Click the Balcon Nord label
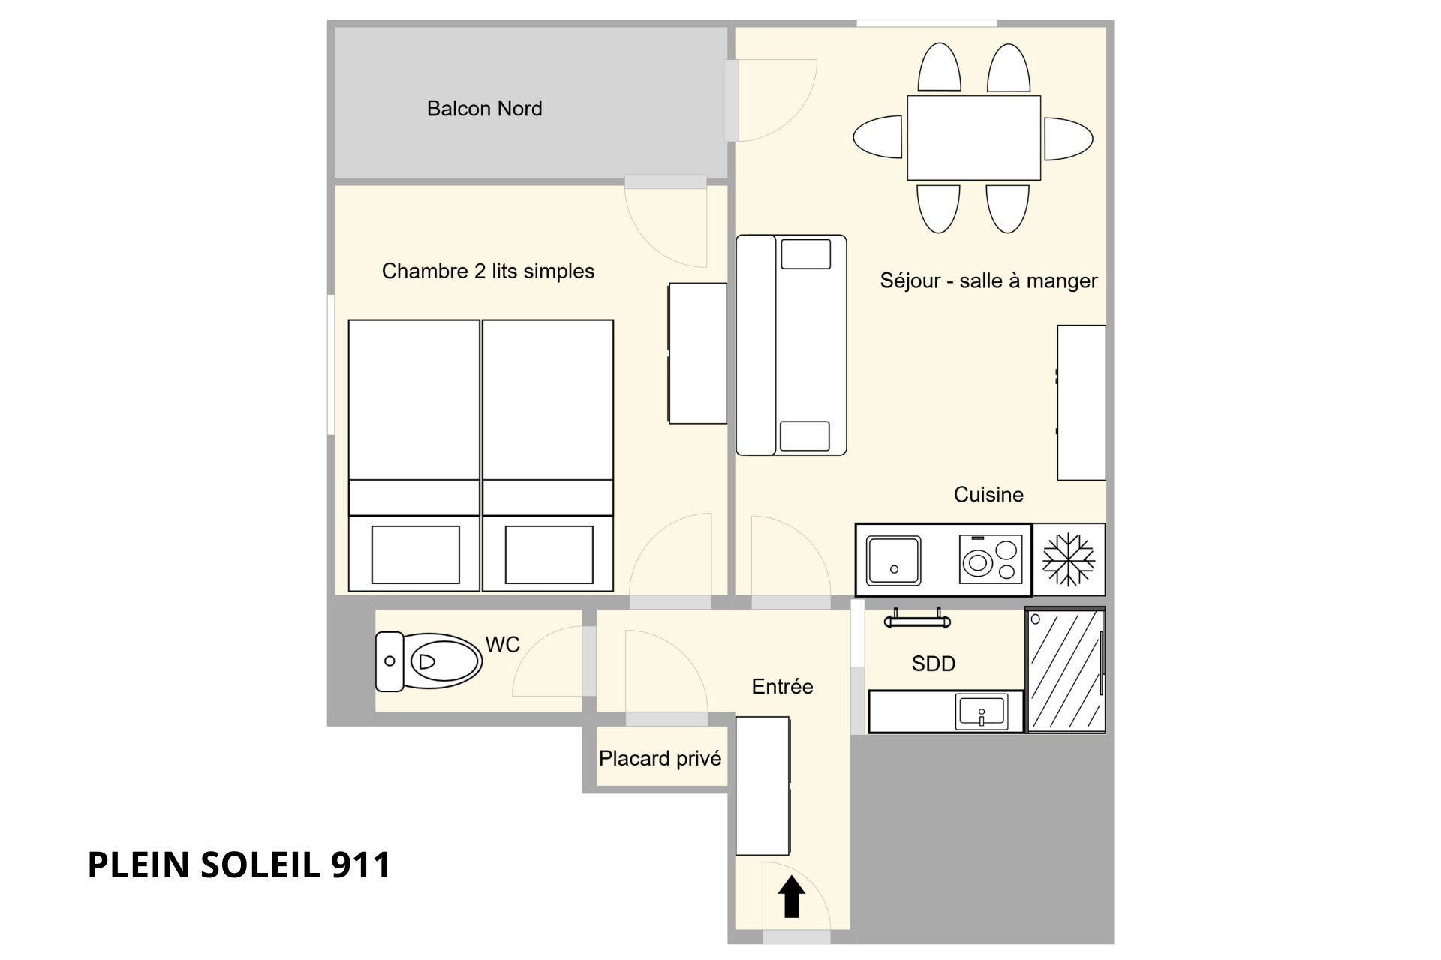pyautogui.click(x=484, y=109)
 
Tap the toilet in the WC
pyautogui.click(x=429, y=661)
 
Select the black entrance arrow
pyautogui.click(x=791, y=897)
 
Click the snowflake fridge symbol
pyautogui.click(x=1069, y=559)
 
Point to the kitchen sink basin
pyautogui.click(x=893, y=560)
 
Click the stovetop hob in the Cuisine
pyautogui.click(x=991, y=559)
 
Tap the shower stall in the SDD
pyautogui.click(x=1066, y=670)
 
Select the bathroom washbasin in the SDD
pyautogui.click(x=982, y=712)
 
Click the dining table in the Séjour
pyautogui.click(x=973, y=138)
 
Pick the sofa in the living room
pyautogui.click(x=791, y=345)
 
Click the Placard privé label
pyautogui.click(x=660, y=759)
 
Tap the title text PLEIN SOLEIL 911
pyautogui.click(x=239, y=865)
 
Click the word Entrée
pyautogui.click(x=782, y=686)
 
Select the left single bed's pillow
pyautogui.click(x=415, y=554)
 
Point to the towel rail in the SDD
pyautogui.click(x=917, y=619)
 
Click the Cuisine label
pyautogui.click(x=988, y=495)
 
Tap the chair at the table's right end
pyautogui.click(x=1067, y=138)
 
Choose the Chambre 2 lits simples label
pyautogui.click(x=488, y=271)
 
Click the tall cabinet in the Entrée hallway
pyautogui.click(x=763, y=786)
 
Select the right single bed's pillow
pyautogui.click(x=549, y=554)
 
